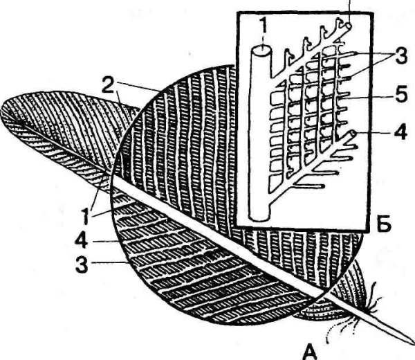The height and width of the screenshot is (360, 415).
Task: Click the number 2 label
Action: click(x=109, y=85)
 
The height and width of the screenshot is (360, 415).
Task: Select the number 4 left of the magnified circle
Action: click(x=82, y=241)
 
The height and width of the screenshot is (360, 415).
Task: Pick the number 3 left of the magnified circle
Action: click(x=82, y=264)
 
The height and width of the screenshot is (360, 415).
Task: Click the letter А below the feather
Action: click(x=311, y=352)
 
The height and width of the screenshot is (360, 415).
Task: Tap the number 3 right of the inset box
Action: click(x=401, y=57)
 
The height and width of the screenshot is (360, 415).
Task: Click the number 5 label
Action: click(x=401, y=95)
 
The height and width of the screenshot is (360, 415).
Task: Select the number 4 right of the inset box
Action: click(x=401, y=132)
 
